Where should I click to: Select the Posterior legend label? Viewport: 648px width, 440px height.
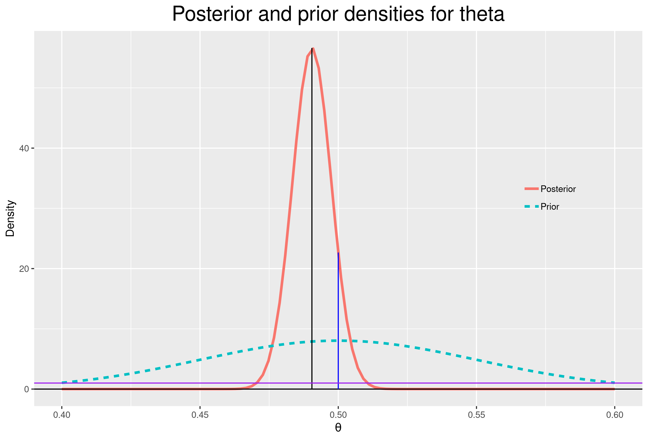pos(558,189)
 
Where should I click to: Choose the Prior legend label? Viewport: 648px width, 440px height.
pos(550,207)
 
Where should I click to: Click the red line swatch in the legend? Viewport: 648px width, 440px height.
pos(531,189)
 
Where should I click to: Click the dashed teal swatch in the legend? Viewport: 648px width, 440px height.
pos(531,206)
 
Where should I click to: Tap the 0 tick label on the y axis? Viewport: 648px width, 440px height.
pos(27,389)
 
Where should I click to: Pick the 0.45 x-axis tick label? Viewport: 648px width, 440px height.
pos(200,415)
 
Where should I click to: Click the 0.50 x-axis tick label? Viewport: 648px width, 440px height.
pos(338,415)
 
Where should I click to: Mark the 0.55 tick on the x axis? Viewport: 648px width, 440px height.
pos(477,415)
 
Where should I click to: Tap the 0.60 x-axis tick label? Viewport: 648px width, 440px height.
pos(615,415)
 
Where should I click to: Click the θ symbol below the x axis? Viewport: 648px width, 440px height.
pos(338,428)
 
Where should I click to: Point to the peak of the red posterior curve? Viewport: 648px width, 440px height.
pos(313,49)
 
